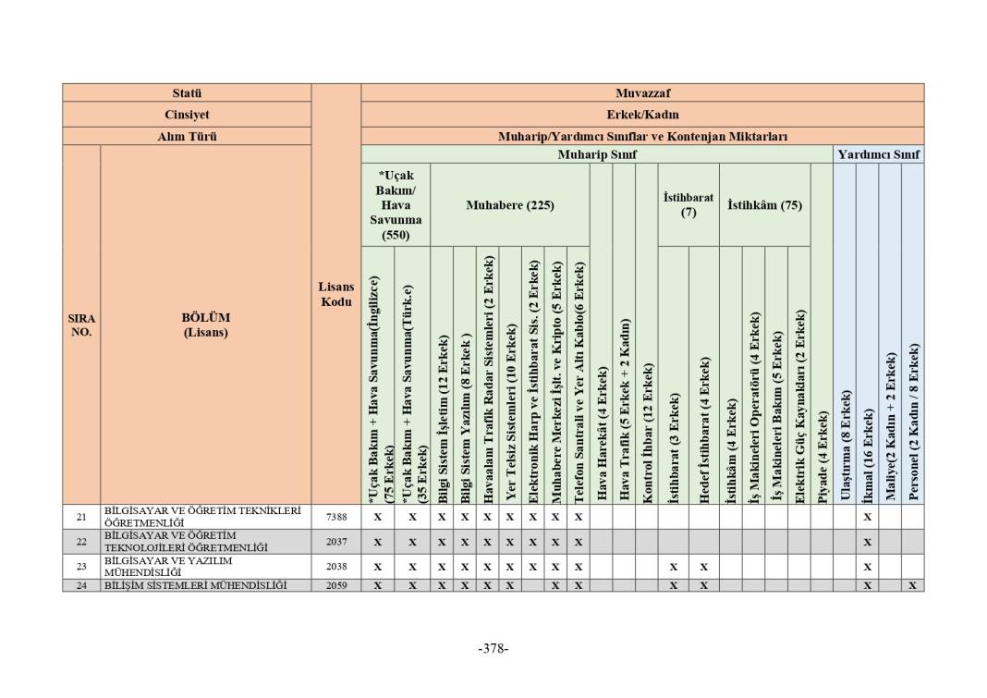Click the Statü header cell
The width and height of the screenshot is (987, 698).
(x=187, y=93)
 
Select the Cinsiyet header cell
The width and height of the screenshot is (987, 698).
(x=187, y=115)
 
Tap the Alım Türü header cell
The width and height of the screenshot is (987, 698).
(x=187, y=136)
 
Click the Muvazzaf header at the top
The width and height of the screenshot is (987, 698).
(x=642, y=93)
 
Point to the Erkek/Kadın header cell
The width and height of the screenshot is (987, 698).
(x=642, y=115)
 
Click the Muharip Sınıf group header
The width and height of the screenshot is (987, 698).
(x=597, y=154)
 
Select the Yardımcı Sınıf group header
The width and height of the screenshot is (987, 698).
(x=878, y=154)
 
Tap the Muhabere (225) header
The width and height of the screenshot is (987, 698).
(x=509, y=205)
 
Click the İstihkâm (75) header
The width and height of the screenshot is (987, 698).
(x=764, y=205)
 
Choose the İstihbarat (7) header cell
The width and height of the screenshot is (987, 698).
(x=688, y=204)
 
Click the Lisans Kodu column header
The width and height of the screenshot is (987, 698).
(x=335, y=295)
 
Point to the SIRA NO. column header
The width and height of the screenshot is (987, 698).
(x=81, y=325)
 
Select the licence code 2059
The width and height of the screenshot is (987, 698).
(x=336, y=585)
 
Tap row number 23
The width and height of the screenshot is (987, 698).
(x=81, y=566)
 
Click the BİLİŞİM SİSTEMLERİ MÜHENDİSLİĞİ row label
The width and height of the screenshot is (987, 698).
(x=195, y=585)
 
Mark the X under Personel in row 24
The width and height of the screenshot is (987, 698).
(x=912, y=585)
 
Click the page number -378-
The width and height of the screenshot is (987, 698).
(x=493, y=648)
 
